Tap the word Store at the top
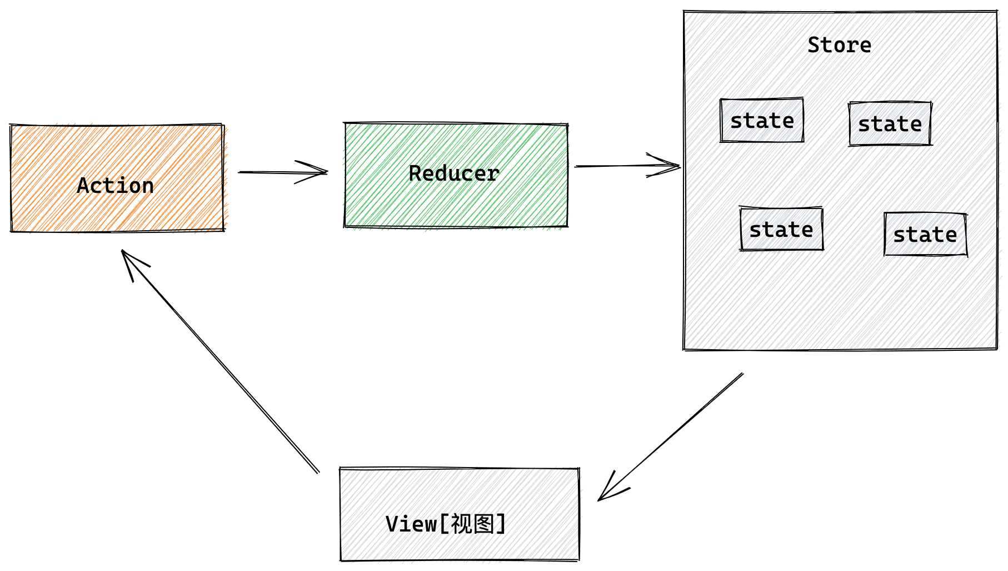pos(839,45)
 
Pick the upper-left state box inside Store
pos(762,121)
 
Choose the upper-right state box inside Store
pos(890,124)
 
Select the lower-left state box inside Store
pos(781,229)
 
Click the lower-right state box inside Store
pos(925,235)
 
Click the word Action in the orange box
pos(116,186)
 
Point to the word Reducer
pos(454,173)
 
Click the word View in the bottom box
pos(411,524)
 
